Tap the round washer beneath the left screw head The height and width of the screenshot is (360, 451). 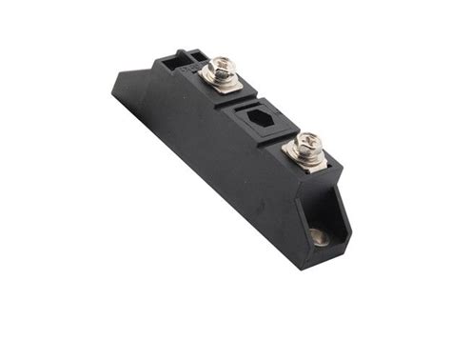click(221, 76)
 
